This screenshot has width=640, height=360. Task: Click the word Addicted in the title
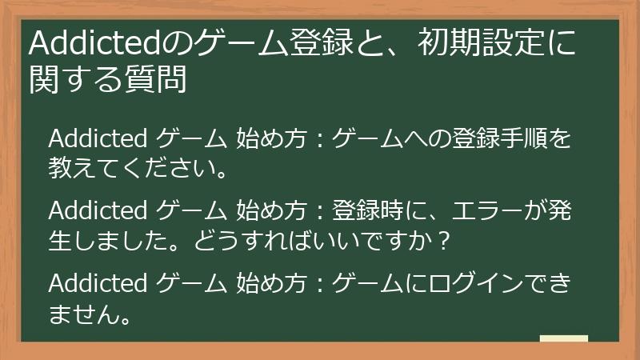[x=94, y=42]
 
